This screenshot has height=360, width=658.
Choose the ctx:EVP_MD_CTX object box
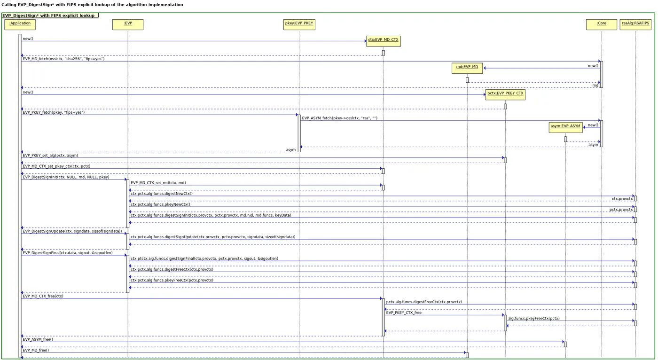383,40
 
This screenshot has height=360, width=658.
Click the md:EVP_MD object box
467,68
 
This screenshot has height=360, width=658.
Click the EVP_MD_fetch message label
63,59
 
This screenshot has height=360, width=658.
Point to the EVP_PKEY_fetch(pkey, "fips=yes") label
54,113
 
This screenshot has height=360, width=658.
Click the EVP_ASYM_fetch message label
339,118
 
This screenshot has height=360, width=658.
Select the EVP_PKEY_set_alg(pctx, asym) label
50,155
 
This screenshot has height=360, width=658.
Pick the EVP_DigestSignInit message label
66,177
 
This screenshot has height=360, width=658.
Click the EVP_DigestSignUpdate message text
72,231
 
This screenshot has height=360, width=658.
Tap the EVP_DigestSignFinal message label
67,253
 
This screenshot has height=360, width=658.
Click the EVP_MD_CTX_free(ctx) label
43,297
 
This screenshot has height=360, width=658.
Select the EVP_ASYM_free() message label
38,339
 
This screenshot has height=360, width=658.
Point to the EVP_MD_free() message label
36,350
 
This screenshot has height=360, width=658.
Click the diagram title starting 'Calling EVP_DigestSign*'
92,5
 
